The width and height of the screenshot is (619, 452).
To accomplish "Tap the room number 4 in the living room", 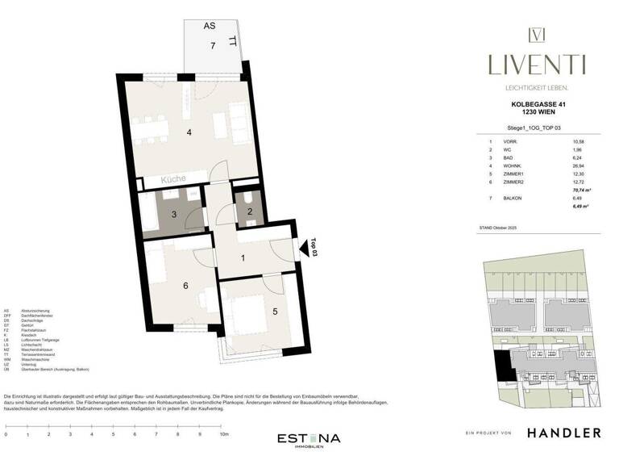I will (189, 132).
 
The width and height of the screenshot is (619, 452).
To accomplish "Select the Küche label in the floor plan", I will (172, 179).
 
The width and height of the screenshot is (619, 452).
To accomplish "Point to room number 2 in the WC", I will (250, 211).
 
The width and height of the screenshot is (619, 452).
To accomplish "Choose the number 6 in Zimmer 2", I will (185, 286).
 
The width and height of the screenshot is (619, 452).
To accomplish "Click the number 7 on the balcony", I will (213, 46).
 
